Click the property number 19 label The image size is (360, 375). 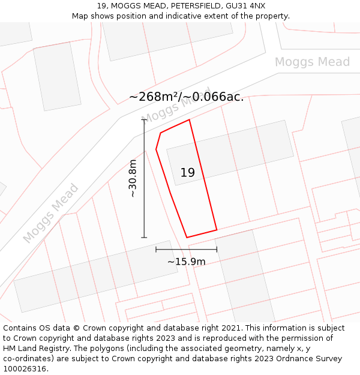point(187,173)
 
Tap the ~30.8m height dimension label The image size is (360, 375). point(133,178)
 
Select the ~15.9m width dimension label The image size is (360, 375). point(186,262)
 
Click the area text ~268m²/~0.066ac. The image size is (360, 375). point(186,97)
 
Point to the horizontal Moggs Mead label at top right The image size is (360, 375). point(312,62)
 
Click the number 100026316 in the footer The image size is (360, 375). point(25,368)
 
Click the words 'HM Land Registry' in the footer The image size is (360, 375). point(32,349)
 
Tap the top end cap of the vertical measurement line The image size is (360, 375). point(144,119)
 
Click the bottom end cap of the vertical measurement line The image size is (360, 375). point(144,238)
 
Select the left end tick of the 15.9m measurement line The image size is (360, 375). point(156,249)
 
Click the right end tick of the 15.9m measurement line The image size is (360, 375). point(217,249)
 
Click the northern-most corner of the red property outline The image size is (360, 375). point(190,120)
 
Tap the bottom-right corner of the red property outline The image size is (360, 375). point(217,230)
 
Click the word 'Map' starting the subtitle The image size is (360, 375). point(80,16)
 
